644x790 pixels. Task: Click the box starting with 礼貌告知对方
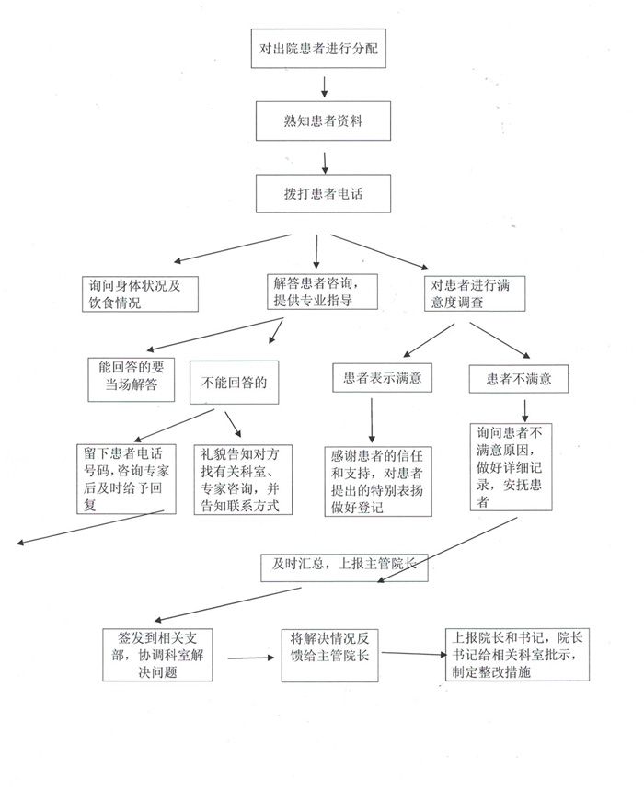click(243, 480)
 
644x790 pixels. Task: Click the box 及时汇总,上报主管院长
click(339, 565)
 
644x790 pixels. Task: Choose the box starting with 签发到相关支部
click(155, 655)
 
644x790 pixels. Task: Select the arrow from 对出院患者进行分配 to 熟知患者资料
click(323, 86)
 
